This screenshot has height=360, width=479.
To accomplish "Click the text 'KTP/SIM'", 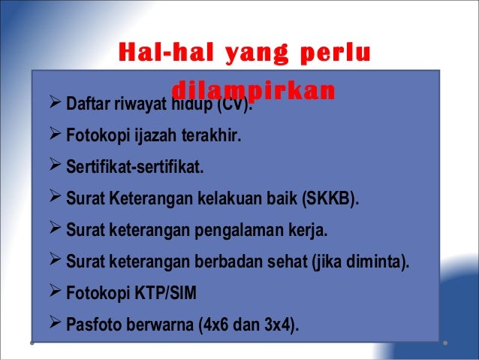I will point(166,295).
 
